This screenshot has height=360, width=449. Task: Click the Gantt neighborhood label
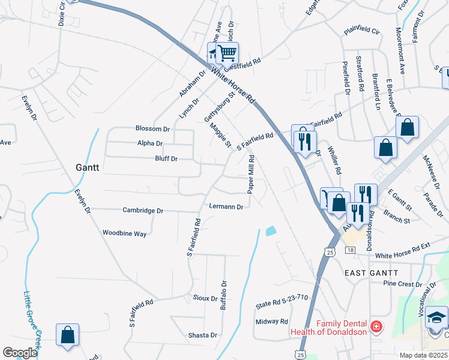click(87, 168)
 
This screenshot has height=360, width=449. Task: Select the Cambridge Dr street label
click(143, 211)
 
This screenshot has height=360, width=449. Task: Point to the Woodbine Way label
click(124, 233)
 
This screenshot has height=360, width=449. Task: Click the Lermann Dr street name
click(226, 206)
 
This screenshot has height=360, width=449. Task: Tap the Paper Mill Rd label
click(252, 175)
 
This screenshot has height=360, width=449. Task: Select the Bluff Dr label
click(166, 159)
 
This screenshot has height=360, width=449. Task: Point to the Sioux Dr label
click(205, 298)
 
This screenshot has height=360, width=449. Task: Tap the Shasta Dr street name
click(202, 335)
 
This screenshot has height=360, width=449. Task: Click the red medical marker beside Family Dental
click(376, 327)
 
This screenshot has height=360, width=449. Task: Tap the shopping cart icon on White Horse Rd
click(227, 53)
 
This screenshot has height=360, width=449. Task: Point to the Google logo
click(20, 353)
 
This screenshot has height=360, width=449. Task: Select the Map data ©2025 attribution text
click(423, 355)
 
